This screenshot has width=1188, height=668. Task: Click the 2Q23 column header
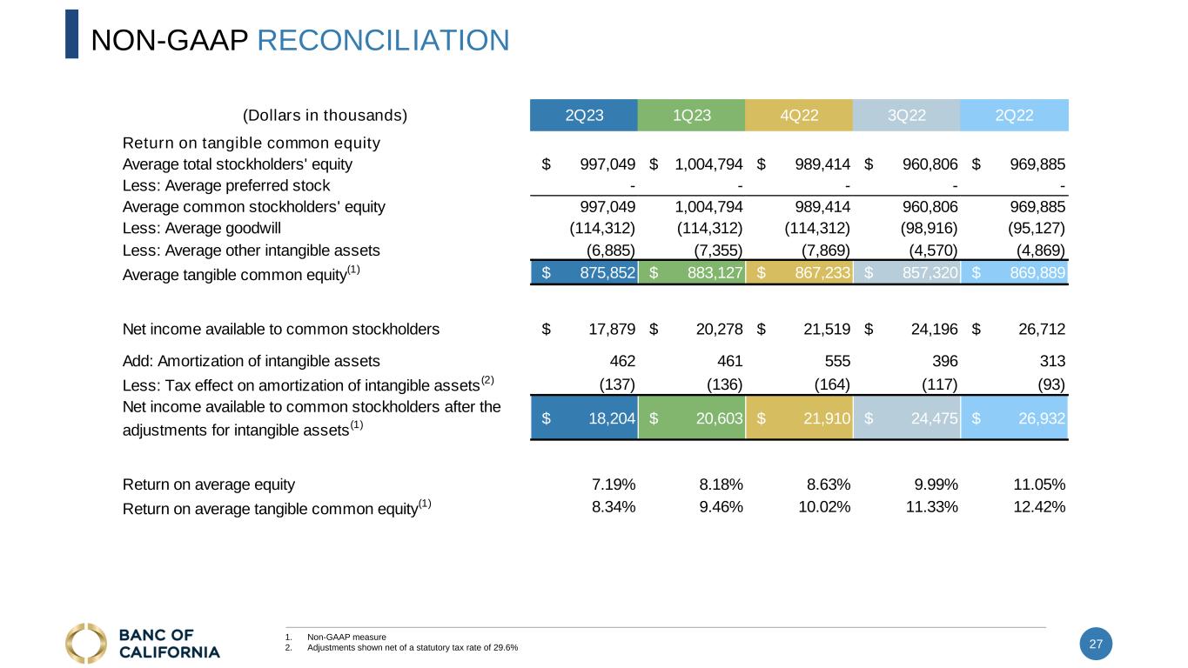click(584, 115)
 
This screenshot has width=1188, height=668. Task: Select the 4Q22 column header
click(799, 115)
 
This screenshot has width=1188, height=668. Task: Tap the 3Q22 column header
click(907, 115)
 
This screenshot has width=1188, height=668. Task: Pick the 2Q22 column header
click(1014, 115)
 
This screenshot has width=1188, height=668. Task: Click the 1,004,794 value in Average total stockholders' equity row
click(708, 164)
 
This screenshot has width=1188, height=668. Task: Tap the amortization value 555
click(837, 361)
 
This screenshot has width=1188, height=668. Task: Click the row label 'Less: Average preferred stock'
click(226, 185)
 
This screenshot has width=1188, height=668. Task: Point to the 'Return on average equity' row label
click(209, 484)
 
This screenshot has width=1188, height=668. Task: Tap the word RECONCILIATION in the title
click(384, 39)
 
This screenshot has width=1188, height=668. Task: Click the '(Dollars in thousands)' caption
click(325, 115)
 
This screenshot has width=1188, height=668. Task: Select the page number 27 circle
click(1096, 644)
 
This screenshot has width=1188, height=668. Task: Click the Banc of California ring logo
click(86, 643)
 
